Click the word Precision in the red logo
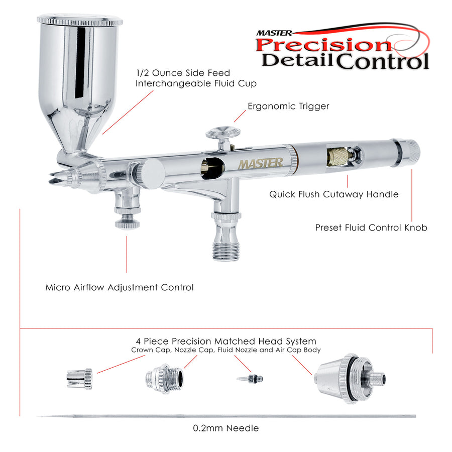coord(323,45)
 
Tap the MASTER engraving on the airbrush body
coord(260,164)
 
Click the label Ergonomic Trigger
coord(288,106)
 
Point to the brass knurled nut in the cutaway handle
coord(337,157)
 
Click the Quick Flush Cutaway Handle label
coord(334,194)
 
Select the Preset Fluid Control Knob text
coord(371,228)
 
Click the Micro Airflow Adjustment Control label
coord(120,287)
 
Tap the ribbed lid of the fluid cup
coord(80,20)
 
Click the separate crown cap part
coord(79,379)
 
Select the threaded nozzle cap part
coord(164,379)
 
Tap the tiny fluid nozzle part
coord(250,379)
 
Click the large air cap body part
coord(350,379)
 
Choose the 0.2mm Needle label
coord(226,428)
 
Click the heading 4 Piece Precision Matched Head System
coord(226,342)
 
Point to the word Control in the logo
coord(383,61)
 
